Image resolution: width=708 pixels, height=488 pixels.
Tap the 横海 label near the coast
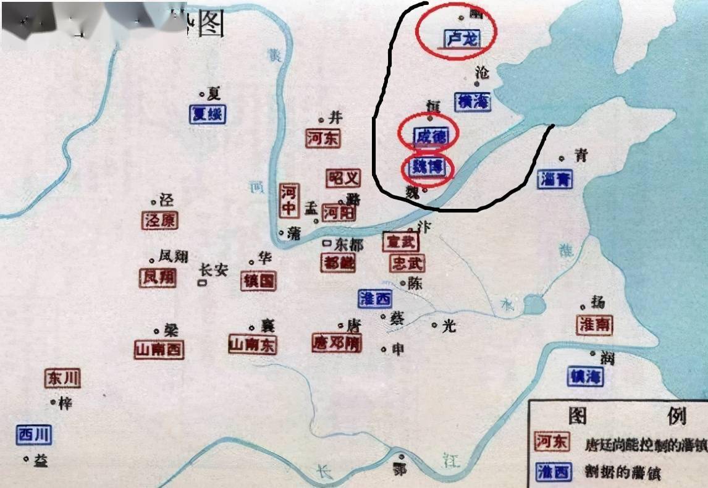[473, 101]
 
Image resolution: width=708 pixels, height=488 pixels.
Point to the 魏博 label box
[426, 167]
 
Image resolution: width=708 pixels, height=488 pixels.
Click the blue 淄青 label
[555, 179]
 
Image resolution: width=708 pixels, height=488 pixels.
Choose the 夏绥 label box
[208, 114]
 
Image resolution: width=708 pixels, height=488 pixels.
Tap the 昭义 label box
[343, 179]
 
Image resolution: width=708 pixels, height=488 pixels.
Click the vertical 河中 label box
[289, 200]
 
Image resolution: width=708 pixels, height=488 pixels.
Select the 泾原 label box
[159, 221]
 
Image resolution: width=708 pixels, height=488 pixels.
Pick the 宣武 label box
[400, 242]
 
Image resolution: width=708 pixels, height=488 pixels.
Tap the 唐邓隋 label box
[337, 343]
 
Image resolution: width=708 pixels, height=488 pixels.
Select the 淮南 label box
[595, 325]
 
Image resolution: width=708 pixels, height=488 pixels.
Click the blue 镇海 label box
[585, 376]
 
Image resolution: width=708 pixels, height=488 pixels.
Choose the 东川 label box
[63, 378]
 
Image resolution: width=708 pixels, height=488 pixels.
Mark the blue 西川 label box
[34, 435]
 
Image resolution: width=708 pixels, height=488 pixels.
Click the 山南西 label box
[159, 350]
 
